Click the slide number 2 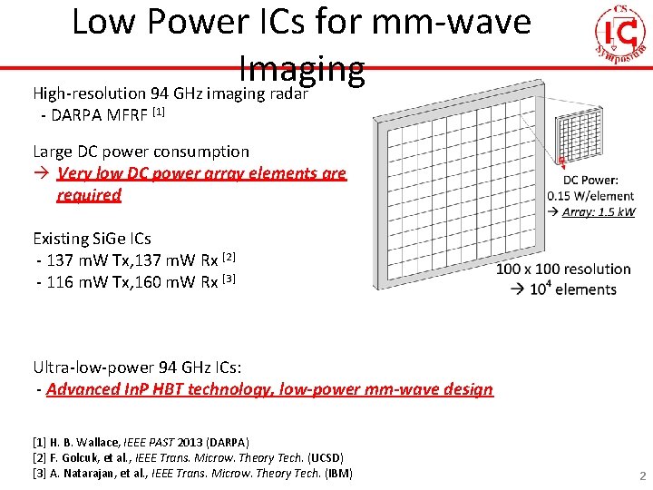point(642,476)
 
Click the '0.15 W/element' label point(591,196)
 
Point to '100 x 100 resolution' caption point(563,269)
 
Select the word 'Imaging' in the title point(302,66)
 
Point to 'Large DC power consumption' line point(141,152)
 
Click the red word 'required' point(88,194)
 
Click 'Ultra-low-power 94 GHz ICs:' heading point(137,367)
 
